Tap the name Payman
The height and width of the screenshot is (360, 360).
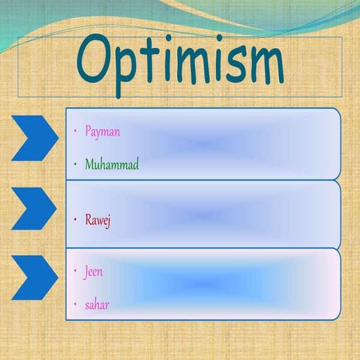102,131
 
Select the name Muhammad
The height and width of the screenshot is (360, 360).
112,164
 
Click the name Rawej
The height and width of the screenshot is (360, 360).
97,220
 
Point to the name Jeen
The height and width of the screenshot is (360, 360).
94,271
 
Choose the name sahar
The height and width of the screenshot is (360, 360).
97,304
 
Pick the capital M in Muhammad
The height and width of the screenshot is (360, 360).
90,164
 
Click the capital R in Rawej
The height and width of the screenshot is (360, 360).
88,220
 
